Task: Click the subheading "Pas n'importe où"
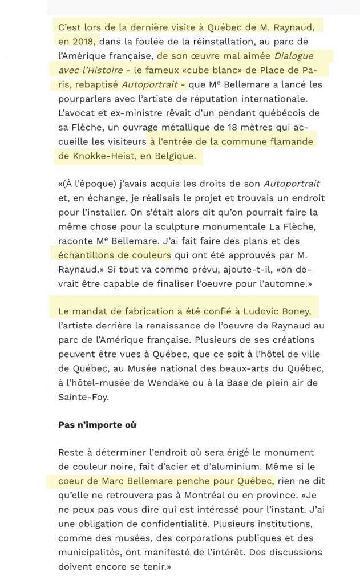[97, 425]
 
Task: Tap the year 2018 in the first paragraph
[85, 41]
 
